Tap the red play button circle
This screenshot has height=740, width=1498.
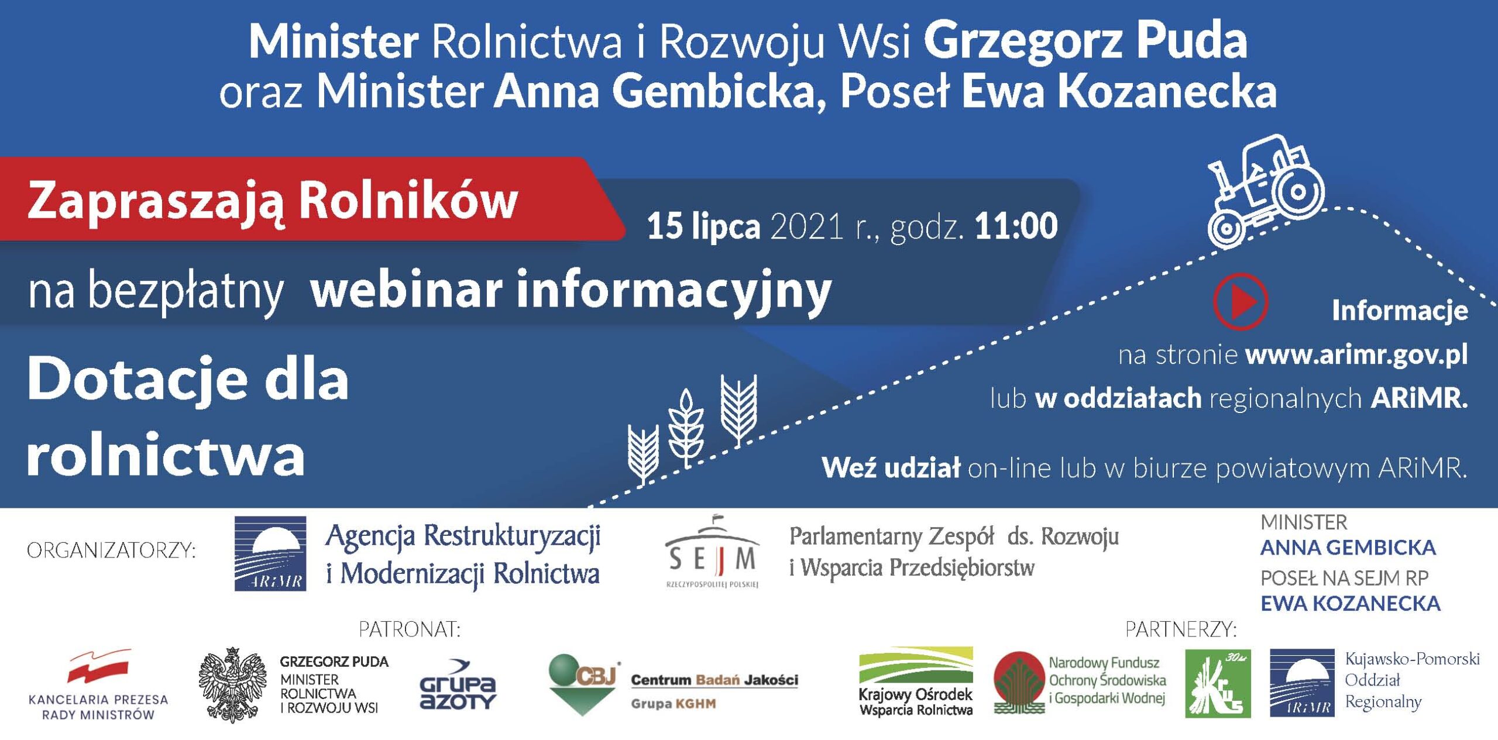coord(1241,301)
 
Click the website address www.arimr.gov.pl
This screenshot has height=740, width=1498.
coord(1356,354)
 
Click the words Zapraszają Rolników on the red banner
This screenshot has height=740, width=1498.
coord(273,201)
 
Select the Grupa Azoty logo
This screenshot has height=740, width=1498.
coord(458,685)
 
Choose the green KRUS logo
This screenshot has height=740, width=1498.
coord(1218,683)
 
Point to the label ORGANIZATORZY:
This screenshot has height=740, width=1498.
coord(111,550)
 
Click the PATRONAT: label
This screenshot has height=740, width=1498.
coord(410,629)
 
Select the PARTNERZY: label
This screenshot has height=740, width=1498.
coord(1181,629)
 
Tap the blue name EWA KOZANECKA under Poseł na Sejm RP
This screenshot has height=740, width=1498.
coord(1350,603)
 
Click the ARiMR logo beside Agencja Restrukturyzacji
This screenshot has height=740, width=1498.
coord(270,553)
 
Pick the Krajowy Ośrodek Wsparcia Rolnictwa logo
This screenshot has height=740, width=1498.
coord(916,682)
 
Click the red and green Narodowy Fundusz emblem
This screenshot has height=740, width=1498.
coord(1019,683)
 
